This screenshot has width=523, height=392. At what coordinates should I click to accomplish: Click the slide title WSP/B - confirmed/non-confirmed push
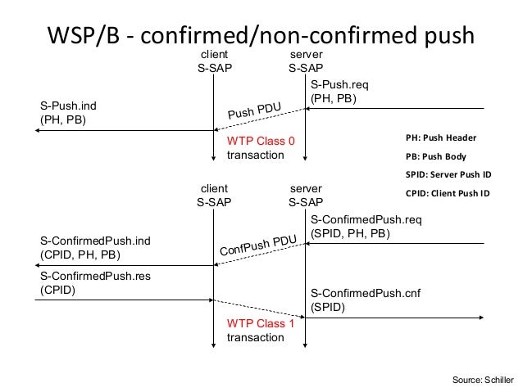[x=261, y=35]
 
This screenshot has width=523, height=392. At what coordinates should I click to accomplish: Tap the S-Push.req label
[x=339, y=84]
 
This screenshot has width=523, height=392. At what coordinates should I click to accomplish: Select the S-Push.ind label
[x=68, y=106]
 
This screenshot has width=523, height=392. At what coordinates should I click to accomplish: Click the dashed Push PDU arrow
[x=260, y=119]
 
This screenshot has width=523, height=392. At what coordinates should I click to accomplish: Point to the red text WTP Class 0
[x=261, y=141]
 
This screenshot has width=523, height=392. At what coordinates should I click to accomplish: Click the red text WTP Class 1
[x=261, y=323]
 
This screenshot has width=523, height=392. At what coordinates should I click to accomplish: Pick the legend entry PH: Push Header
[x=441, y=137]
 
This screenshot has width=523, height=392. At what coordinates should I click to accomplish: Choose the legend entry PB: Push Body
[x=436, y=156]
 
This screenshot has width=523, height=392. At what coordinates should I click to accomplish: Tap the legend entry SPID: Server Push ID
[x=448, y=174]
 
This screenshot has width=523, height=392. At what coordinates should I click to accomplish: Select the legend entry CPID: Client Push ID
[x=448, y=193]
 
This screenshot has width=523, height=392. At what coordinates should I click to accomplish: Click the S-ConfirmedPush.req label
[x=366, y=219]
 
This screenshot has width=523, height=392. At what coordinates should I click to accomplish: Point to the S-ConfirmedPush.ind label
[x=95, y=241]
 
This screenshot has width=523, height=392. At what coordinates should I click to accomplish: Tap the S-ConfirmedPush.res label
[x=95, y=276]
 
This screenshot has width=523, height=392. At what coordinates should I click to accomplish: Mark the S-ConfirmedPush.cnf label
[x=366, y=293]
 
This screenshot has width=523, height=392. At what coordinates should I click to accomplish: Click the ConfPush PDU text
[x=258, y=246]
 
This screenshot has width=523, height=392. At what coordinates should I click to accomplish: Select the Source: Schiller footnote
[x=483, y=380]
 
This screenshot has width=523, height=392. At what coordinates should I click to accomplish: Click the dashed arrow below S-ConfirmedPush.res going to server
[x=260, y=309]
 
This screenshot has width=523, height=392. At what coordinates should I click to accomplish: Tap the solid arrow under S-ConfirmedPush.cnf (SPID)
[x=394, y=318]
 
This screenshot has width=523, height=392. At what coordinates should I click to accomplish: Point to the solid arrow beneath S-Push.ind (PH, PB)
[x=124, y=131]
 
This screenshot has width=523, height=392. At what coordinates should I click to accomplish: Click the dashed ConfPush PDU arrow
[x=260, y=255]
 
